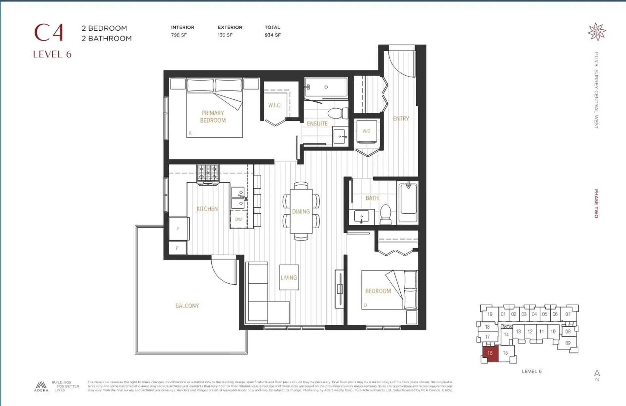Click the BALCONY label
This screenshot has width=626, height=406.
coord(187,306)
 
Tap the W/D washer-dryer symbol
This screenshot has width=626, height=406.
coord(366,131)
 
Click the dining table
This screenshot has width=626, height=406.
coord(301,211)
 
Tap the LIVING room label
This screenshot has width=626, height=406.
coord(289,278)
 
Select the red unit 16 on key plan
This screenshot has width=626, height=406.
coord(490,353)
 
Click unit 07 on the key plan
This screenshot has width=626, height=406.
coord(568,314)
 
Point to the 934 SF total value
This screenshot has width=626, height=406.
coord(273,35)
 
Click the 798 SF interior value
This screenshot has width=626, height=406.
coord(179,35)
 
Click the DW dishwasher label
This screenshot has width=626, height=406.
coord(238,219)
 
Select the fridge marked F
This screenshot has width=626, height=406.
coord(178,229)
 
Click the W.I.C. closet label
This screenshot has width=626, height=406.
coord(275,105)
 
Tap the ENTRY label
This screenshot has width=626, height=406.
coord(401,119)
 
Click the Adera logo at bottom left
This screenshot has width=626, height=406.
coord(41,386)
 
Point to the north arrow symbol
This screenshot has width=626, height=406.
coord(597,373)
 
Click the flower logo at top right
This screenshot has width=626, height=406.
coord(596,32)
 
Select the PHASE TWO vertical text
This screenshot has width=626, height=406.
coord(596,203)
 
